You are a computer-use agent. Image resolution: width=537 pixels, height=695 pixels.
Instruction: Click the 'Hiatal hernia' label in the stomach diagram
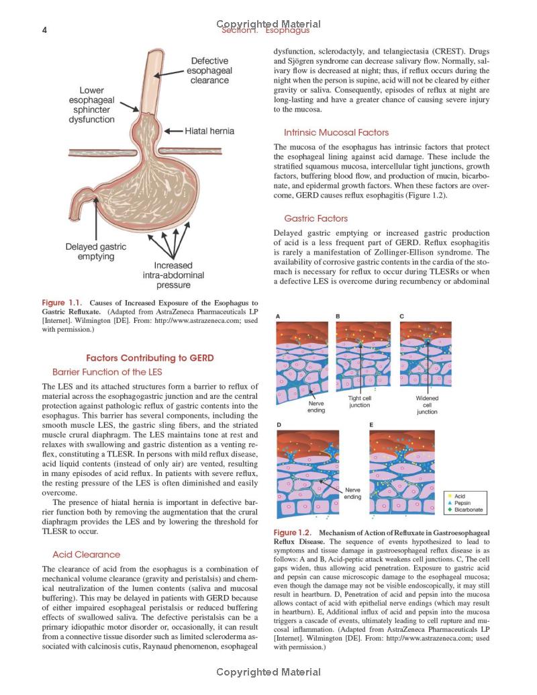click(209, 131)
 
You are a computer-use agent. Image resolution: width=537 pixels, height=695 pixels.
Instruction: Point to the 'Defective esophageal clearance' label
click(209, 71)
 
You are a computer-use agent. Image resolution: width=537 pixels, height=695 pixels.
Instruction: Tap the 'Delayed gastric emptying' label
click(95, 252)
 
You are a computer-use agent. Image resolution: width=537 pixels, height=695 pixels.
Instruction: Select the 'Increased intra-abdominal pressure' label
click(173, 275)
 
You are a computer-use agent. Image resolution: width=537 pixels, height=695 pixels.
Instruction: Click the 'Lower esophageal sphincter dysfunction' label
click(91, 105)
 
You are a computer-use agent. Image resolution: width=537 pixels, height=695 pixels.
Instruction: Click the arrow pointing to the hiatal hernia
click(173, 131)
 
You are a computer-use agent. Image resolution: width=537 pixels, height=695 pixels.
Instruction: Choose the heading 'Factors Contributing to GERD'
click(150, 358)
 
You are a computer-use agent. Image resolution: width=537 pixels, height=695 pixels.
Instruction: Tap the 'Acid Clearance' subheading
click(87, 555)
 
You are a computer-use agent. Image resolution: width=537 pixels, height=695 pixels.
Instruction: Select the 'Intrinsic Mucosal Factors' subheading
click(336, 132)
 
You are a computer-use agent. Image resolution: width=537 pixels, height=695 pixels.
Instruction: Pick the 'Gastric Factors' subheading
click(315, 218)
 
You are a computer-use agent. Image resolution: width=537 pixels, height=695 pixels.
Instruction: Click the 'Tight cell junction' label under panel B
click(360, 402)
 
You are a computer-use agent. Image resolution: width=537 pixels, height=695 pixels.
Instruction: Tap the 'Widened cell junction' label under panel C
click(427, 405)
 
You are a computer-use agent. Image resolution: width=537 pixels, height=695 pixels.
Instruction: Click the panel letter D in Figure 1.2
click(279, 425)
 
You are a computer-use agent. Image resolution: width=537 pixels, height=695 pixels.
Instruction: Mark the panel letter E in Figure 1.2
click(371, 425)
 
